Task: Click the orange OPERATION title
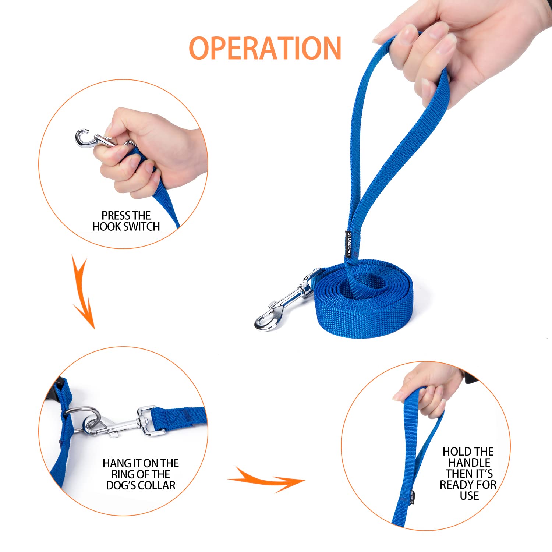coord(265,48)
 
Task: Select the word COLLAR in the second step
coord(156,485)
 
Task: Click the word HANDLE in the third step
coord(469,463)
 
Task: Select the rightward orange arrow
coord(267,480)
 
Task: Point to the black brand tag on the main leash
coord(348,244)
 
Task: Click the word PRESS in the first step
coord(114,215)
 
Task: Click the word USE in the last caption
coord(469,496)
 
